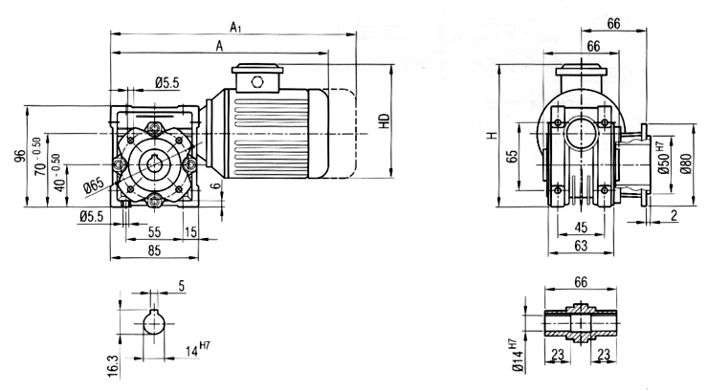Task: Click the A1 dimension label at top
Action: pos(235,28)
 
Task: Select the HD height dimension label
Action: pos(385,120)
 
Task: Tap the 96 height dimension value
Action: pos(20,156)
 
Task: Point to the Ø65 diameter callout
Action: pos(94,185)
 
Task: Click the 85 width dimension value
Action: pos(154,250)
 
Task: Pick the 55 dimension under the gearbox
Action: pos(154,231)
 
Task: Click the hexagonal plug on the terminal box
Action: pos(257,81)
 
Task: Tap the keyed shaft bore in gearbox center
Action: pos(155,165)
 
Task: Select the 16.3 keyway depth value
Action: pos(113,366)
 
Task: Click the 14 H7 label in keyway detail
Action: pos(198,350)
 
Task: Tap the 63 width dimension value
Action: pos(581,246)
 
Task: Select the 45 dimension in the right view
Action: pos(581,228)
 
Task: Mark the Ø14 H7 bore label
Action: pos(518,357)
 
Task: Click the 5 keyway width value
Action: pos(182,286)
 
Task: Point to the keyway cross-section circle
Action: pos(154,322)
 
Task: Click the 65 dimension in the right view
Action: pos(512,157)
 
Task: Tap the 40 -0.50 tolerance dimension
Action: pos(58,173)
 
